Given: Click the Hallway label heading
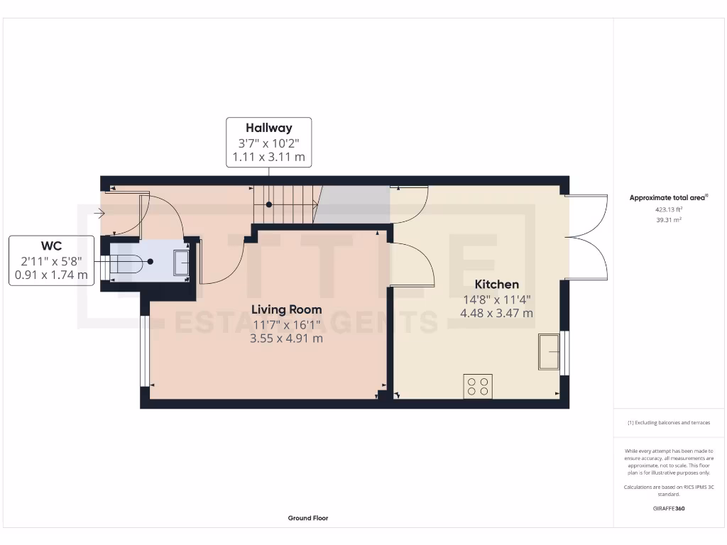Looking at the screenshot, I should [268, 128].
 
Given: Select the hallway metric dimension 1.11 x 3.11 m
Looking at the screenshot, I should [268, 157].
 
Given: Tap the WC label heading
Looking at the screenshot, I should [51, 246].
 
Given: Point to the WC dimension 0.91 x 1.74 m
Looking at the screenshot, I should [51, 275].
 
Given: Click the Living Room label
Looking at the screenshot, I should [286, 309].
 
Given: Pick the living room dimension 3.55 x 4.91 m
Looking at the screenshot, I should [286, 338].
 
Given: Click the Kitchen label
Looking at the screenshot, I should [496, 284].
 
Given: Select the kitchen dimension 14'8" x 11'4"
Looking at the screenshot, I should [496, 299].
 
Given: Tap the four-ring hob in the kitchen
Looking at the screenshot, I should [477, 386].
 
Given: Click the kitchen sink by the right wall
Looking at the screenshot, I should [549, 351].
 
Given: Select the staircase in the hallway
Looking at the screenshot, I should [285, 204].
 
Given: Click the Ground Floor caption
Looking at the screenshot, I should [307, 518].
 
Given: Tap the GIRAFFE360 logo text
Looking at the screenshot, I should [669, 509].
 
